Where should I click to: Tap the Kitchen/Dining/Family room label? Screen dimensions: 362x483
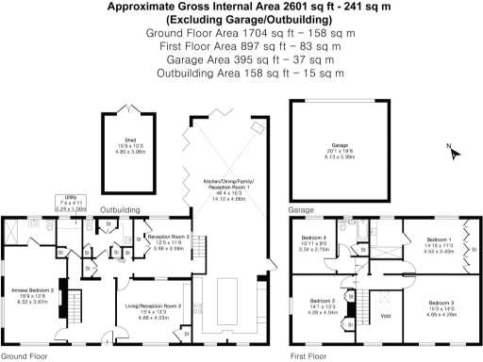pos(232,192)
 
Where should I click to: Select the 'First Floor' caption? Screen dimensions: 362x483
pos(312,356)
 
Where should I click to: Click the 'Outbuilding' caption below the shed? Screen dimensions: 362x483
pos(121,209)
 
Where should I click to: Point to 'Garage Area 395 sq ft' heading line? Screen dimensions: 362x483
pos(241,58)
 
